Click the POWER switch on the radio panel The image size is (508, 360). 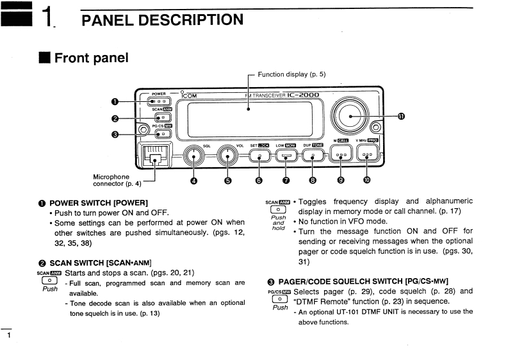(160, 101)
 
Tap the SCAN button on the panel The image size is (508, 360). (163, 117)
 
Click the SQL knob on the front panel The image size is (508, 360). (194, 155)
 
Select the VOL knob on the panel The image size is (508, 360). (227, 155)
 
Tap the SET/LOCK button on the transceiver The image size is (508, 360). (259, 156)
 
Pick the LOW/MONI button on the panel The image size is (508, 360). (286, 156)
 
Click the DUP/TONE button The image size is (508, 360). (313, 156)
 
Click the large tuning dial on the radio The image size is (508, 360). (351, 115)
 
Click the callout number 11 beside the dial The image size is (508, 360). (401, 116)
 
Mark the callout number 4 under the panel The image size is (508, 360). (194, 180)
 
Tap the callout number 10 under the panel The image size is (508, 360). (367, 180)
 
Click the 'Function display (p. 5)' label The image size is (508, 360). (291, 74)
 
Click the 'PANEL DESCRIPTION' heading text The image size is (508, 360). (163, 20)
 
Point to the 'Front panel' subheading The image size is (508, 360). (91, 58)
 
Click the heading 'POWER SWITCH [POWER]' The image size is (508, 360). (99, 202)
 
